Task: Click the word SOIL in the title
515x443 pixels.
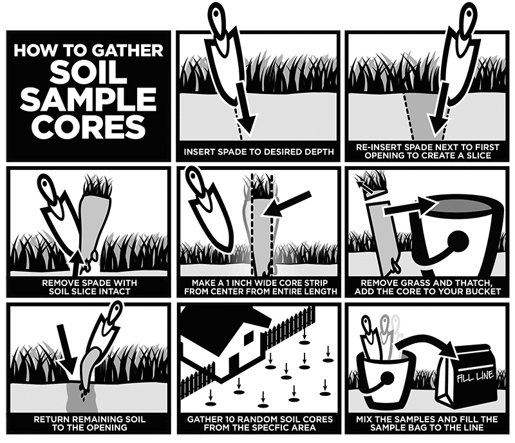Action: pyautogui.click(x=88, y=72)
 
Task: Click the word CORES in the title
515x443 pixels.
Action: pyautogui.click(x=88, y=126)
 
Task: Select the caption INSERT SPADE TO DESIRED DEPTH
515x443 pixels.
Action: pyautogui.click(x=259, y=152)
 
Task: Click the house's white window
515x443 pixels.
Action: pyautogui.click(x=248, y=338)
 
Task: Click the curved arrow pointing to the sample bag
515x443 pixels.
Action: pyautogui.click(x=427, y=346)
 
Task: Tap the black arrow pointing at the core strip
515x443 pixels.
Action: pyautogui.click(x=286, y=204)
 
